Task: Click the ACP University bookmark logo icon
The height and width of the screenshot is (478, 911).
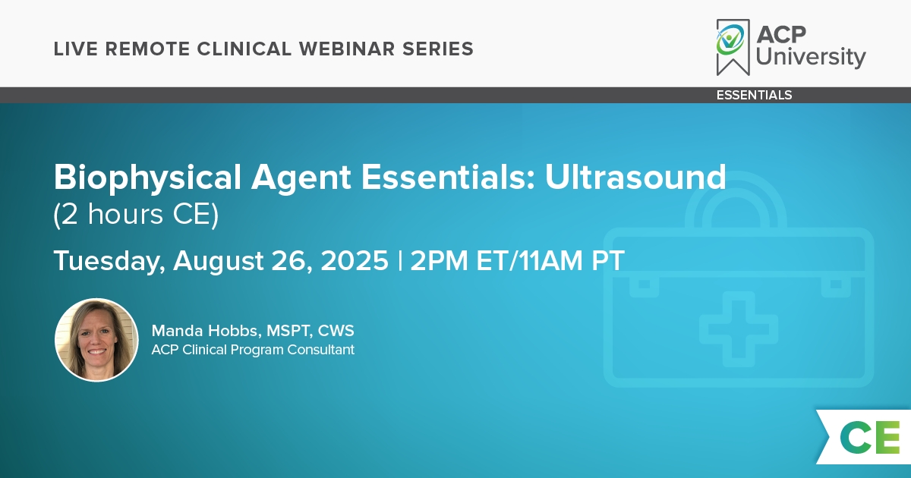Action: tap(733, 47)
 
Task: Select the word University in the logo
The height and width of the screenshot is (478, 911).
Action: tap(811, 57)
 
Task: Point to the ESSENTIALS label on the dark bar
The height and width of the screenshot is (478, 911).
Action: tap(754, 95)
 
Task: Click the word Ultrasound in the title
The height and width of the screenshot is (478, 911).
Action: tap(635, 178)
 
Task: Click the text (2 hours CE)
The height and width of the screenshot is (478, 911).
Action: tap(136, 214)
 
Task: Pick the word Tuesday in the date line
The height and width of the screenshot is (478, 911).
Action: tap(109, 261)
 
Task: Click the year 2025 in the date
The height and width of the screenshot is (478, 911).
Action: tap(355, 260)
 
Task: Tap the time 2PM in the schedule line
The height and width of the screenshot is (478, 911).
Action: tap(440, 260)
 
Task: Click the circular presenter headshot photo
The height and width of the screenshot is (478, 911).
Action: tap(96, 340)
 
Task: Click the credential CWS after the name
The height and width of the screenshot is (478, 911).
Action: tap(336, 331)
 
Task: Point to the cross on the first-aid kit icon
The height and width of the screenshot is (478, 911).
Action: tap(739, 329)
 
